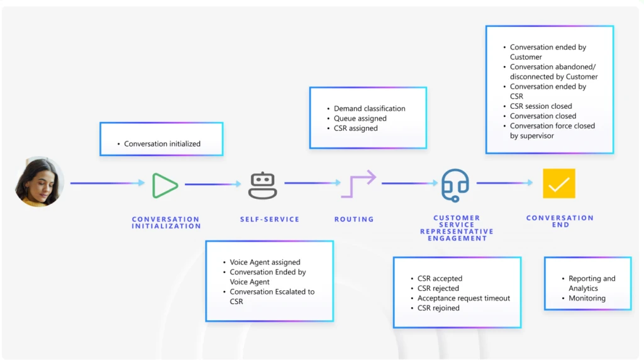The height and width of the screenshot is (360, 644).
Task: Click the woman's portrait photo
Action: click(39, 182)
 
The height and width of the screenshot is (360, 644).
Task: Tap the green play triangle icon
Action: click(165, 184)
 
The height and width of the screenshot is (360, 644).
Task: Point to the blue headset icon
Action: click(455, 184)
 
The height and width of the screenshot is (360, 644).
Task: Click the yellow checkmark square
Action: click(558, 184)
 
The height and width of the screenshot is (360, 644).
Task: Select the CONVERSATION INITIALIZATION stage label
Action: click(166, 223)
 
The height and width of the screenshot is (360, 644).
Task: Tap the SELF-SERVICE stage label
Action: click(270, 220)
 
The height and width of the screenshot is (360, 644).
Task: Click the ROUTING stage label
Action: click(354, 220)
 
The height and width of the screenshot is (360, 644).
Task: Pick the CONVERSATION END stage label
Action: click(560, 222)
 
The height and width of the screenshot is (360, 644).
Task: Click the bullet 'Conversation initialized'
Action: click(162, 144)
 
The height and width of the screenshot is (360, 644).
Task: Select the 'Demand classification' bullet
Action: click(369, 109)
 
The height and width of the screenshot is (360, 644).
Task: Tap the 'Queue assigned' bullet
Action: click(360, 118)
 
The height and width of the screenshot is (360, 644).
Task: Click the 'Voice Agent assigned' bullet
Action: click(265, 262)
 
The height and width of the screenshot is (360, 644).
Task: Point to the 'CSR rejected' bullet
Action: click(438, 288)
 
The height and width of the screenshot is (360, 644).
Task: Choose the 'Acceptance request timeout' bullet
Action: click(464, 298)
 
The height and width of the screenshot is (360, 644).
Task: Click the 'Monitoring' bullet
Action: click(587, 298)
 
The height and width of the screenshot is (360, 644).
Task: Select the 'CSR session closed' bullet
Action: click(541, 106)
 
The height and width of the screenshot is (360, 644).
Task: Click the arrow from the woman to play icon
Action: click(108, 183)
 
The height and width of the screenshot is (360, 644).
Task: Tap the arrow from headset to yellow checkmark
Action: click(504, 183)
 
